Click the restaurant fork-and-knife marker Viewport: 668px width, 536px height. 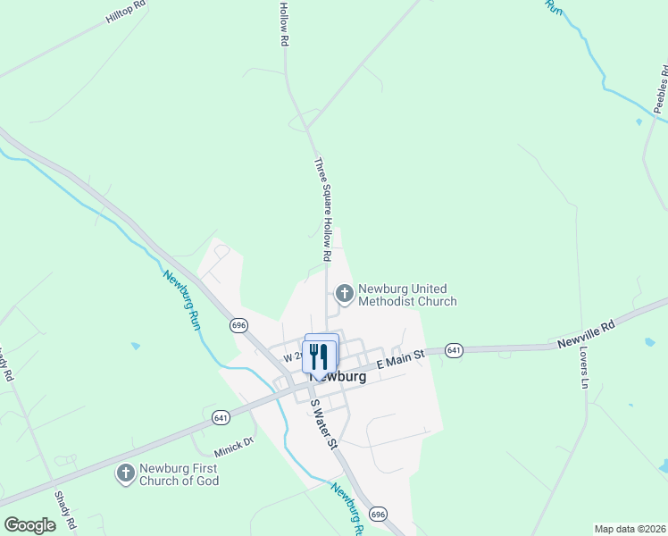(320, 356)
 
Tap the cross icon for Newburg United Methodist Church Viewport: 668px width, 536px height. (344, 292)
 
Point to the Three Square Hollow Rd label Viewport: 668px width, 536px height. (322, 210)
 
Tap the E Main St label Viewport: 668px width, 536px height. (399, 360)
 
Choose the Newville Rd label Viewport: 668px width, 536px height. (587, 334)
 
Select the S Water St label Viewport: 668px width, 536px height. (323, 423)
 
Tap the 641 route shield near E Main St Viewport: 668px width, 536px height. (455, 350)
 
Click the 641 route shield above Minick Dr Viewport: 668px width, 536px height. (221, 417)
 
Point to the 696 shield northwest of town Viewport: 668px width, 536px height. (238, 325)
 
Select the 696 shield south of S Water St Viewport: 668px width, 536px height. (378, 514)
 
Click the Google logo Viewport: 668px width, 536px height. (29, 525)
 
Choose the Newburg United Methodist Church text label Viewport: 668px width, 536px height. (408, 296)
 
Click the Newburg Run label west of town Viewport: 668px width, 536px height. (180, 299)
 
